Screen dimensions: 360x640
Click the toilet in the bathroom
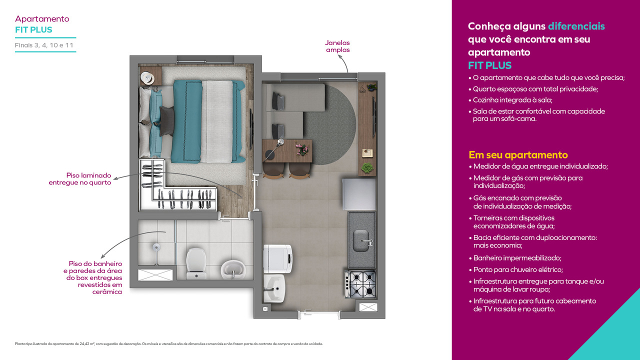click(195, 262)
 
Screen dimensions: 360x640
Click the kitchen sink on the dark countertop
click(362, 241)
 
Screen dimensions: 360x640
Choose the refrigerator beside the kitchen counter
click(359, 194)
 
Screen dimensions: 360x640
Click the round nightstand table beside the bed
click(148, 78)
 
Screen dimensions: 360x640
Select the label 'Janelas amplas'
click(337, 46)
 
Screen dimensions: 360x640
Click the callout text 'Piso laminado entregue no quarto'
click(80, 179)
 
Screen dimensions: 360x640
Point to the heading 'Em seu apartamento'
click(518, 155)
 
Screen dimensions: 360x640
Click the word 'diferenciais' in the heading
click(576, 26)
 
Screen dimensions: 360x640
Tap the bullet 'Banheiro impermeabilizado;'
click(517, 258)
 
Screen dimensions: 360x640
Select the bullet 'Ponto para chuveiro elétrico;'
click(520, 270)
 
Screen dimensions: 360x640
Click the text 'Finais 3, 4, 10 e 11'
click(44, 45)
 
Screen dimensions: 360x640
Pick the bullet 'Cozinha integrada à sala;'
click(512, 100)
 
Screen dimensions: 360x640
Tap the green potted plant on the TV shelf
click(367, 167)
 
